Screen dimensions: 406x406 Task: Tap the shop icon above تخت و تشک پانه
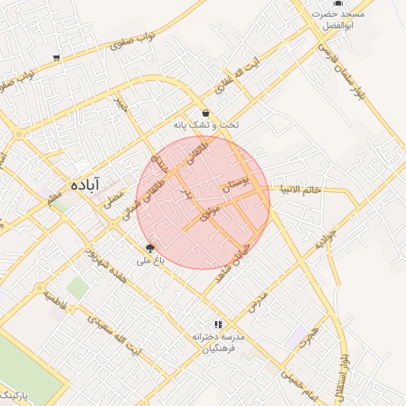pos(206,113)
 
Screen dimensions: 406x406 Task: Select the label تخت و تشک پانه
pos(206,125)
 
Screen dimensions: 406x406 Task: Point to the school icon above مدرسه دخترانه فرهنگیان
pos(218,324)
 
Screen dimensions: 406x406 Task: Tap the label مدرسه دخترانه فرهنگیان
pos(219,343)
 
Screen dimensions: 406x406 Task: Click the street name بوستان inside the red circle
pos(236,186)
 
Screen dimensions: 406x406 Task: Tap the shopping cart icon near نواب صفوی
pos(56,58)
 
